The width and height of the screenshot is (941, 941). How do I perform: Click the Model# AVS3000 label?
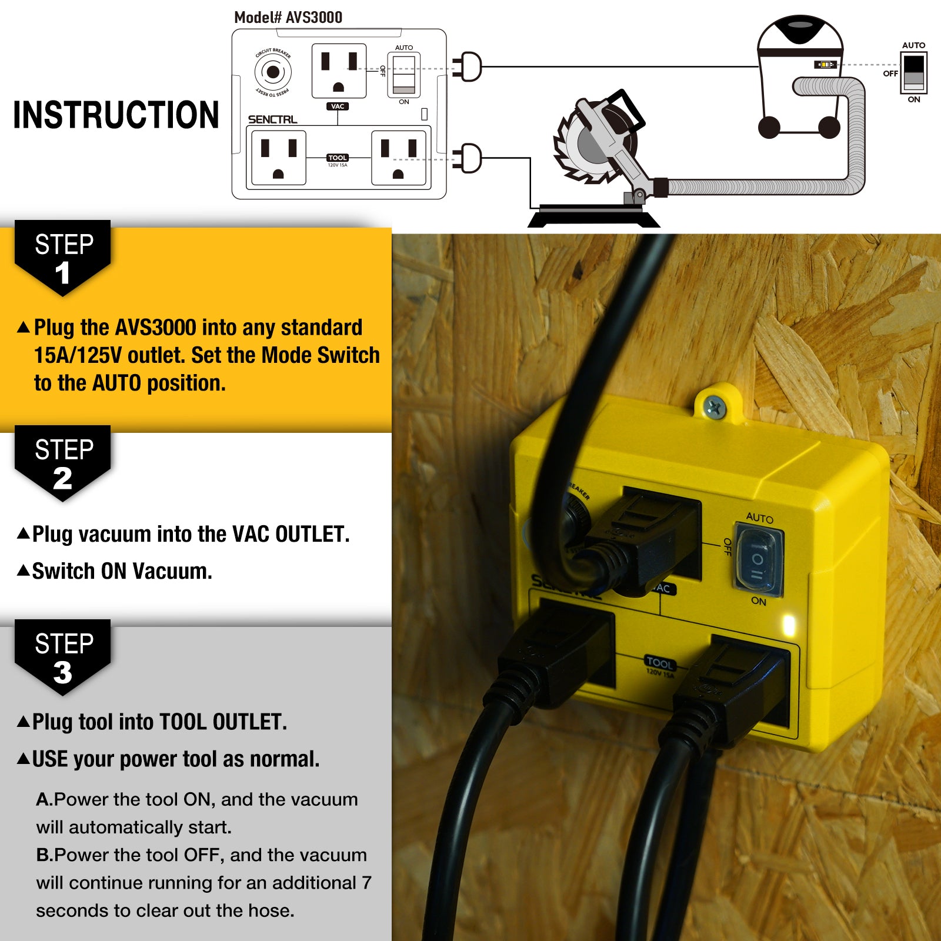tap(288, 18)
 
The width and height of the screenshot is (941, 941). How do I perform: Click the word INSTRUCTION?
tap(116, 115)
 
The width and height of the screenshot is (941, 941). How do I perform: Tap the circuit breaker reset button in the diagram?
tap(273, 72)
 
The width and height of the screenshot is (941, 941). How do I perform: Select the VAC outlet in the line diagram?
tap(339, 71)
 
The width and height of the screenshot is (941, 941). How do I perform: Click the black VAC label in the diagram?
tap(338, 106)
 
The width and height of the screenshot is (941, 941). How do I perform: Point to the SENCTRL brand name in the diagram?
tap(272, 119)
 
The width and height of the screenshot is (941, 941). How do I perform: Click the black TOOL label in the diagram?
tap(338, 158)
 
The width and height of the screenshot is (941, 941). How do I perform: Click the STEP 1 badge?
tap(63, 258)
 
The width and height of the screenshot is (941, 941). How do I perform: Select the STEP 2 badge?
tap(63, 463)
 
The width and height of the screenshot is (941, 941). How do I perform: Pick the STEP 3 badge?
tap(63, 657)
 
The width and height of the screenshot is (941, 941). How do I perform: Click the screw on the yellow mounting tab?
tap(715, 406)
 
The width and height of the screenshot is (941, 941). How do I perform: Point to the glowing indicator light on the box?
tap(789, 625)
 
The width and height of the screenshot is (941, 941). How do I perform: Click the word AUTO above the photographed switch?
tap(760, 518)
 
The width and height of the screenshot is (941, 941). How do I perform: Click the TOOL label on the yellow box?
tap(659, 663)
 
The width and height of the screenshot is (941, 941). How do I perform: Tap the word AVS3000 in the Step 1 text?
tap(156, 328)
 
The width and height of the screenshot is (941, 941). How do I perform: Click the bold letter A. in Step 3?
tap(45, 799)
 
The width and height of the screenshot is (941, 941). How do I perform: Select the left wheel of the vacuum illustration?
tap(769, 127)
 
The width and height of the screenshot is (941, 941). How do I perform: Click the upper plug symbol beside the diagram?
tap(468, 66)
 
